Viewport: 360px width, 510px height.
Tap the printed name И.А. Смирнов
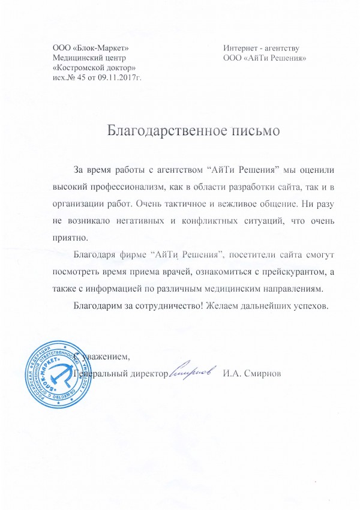point(251,374)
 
